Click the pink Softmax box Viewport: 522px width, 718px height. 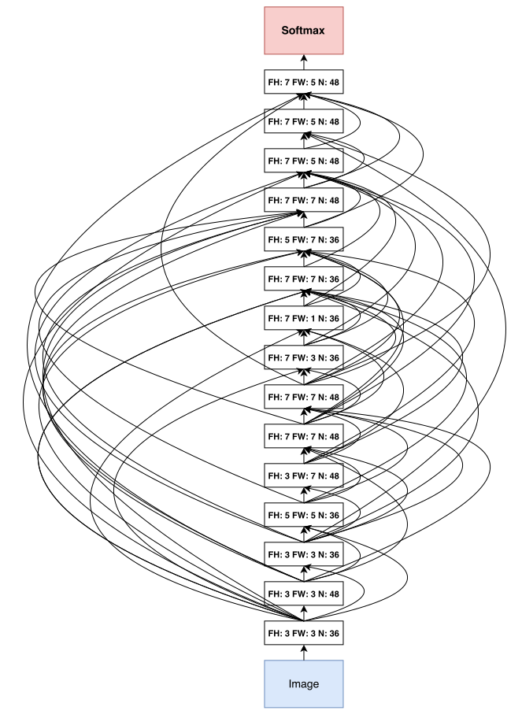point(303,31)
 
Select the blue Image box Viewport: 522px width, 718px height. point(303,683)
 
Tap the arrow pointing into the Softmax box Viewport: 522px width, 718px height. point(303,62)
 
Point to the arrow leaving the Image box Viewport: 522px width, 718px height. point(303,652)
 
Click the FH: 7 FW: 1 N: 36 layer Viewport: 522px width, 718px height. point(303,319)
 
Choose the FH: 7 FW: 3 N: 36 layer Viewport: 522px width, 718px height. point(303,358)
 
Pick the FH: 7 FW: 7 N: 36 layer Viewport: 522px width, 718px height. point(303,279)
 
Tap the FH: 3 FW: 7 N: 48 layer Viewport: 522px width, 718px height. point(303,476)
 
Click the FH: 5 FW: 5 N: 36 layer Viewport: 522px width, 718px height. point(303,515)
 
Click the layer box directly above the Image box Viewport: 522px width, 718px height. point(303,633)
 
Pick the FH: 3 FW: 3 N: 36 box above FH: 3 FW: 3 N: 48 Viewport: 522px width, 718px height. point(303,554)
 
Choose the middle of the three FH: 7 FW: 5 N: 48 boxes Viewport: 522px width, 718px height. point(303,122)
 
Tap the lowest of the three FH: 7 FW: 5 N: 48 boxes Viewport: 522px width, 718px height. point(303,161)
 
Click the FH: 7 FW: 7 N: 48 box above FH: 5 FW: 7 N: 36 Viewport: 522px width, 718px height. point(303,201)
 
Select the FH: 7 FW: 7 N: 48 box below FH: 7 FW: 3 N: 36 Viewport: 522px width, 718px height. point(303,397)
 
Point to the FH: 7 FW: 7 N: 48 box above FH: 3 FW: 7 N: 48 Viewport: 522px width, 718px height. point(303,436)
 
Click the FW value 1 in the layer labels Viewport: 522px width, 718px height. point(312,319)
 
